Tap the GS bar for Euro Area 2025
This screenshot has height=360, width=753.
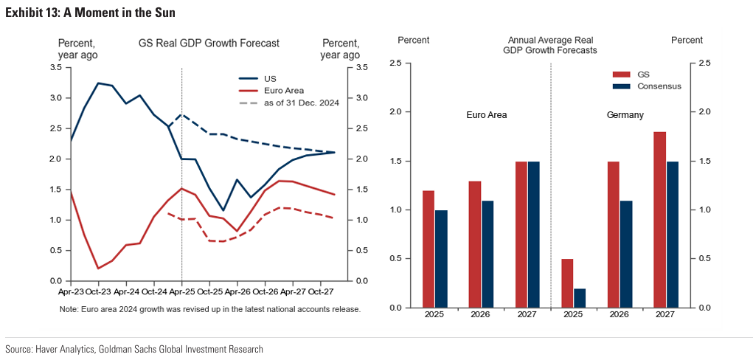coord(428,249)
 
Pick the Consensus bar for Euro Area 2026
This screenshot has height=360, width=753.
coord(487,254)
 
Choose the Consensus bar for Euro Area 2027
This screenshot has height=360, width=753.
coord(533,234)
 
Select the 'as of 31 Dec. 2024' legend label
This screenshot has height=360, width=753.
coord(301,103)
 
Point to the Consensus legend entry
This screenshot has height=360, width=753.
coord(659,86)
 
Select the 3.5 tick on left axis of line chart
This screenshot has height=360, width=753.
coord(56,68)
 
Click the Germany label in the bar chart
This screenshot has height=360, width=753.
coord(625,115)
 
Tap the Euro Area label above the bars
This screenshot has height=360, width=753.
coord(487,115)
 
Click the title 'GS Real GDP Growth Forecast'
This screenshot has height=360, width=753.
coord(209,44)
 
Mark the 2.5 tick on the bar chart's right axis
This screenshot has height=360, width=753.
coord(704,63)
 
